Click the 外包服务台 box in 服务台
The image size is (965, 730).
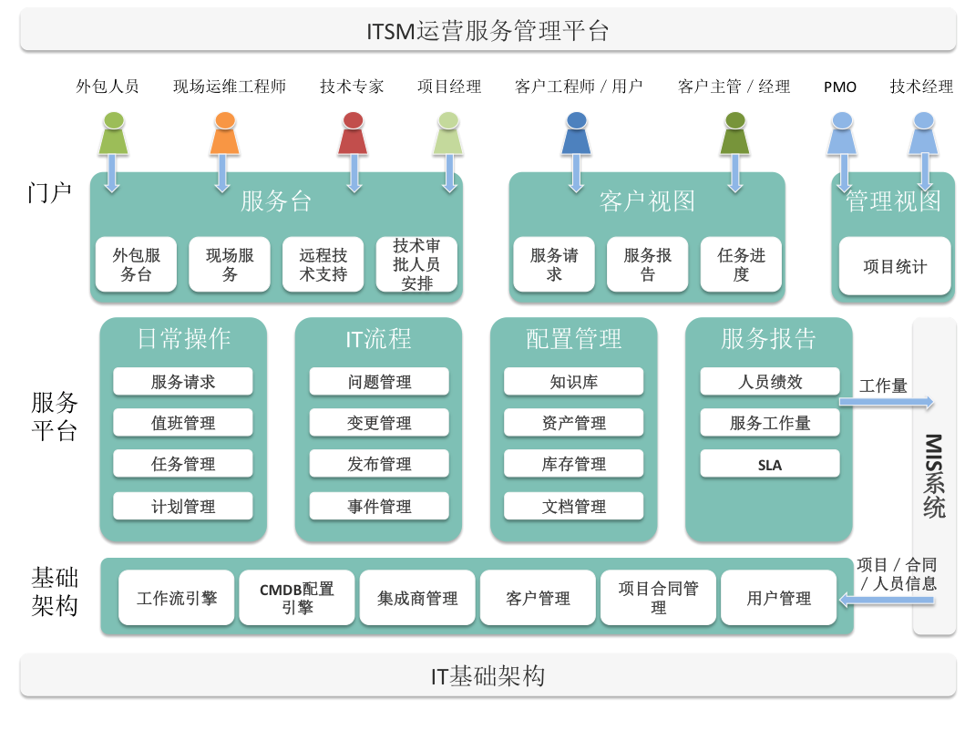(x=136, y=264)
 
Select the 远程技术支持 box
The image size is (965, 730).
(x=323, y=264)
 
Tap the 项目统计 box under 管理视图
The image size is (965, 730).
(x=894, y=266)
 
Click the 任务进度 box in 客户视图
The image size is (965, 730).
(x=741, y=264)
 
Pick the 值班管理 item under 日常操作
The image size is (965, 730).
(x=183, y=422)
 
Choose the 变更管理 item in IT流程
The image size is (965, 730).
(x=379, y=422)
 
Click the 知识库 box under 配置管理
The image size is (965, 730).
(x=573, y=382)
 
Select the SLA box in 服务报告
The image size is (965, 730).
(x=770, y=464)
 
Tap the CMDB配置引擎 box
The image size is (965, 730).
(x=297, y=598)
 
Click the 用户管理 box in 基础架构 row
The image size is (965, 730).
(x=778, y=598)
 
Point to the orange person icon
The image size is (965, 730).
(x=225, y=133)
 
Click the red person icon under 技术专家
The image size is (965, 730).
(x=353, y=133)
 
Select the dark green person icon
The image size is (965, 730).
(x=734, y=133)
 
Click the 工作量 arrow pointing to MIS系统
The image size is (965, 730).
(x=887, y=403)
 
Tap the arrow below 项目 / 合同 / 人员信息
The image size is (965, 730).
(x=887, y=600)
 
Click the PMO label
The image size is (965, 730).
(x=840, y=87)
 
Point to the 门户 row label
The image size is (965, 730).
(x=49, y=192)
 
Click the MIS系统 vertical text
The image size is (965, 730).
(x=934, y=476)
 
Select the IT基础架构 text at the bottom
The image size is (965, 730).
(x=488, y=676)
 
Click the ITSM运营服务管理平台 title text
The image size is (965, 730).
(x=488, y=31)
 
